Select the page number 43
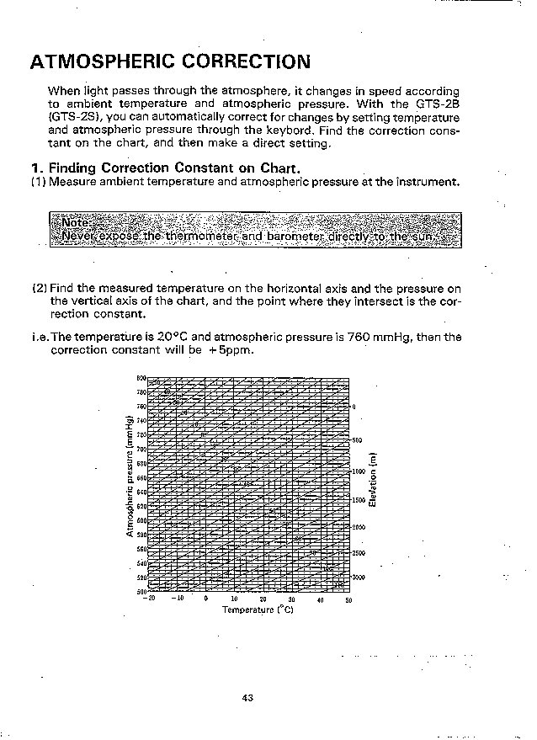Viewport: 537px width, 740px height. pyautogui.click(x=247, y=697)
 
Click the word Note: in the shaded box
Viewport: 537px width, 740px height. pyautogui.click(x=77, y=223)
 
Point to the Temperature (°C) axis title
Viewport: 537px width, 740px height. pyautogui.click(x=258, y=610)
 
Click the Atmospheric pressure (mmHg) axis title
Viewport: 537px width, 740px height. pyautogui.click(x=130, y=476)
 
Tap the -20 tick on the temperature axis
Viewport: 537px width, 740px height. pyautogui.click(x=150, y=599)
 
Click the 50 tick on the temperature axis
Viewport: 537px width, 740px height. pyautogui.click(x=348, y=600)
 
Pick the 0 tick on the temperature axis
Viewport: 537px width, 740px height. pyautogui.click(x=206, y=600)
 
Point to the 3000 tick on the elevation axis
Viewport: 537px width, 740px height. pyautogui.click(x=359, y=578)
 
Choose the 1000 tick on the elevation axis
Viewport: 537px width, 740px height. pyautogui.click(x=359, y=471)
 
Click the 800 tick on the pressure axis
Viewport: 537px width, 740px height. pyautogui.click(x=141, y=378)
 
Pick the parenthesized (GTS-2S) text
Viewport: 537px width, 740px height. pyautogui.click(x=75, y=117)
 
